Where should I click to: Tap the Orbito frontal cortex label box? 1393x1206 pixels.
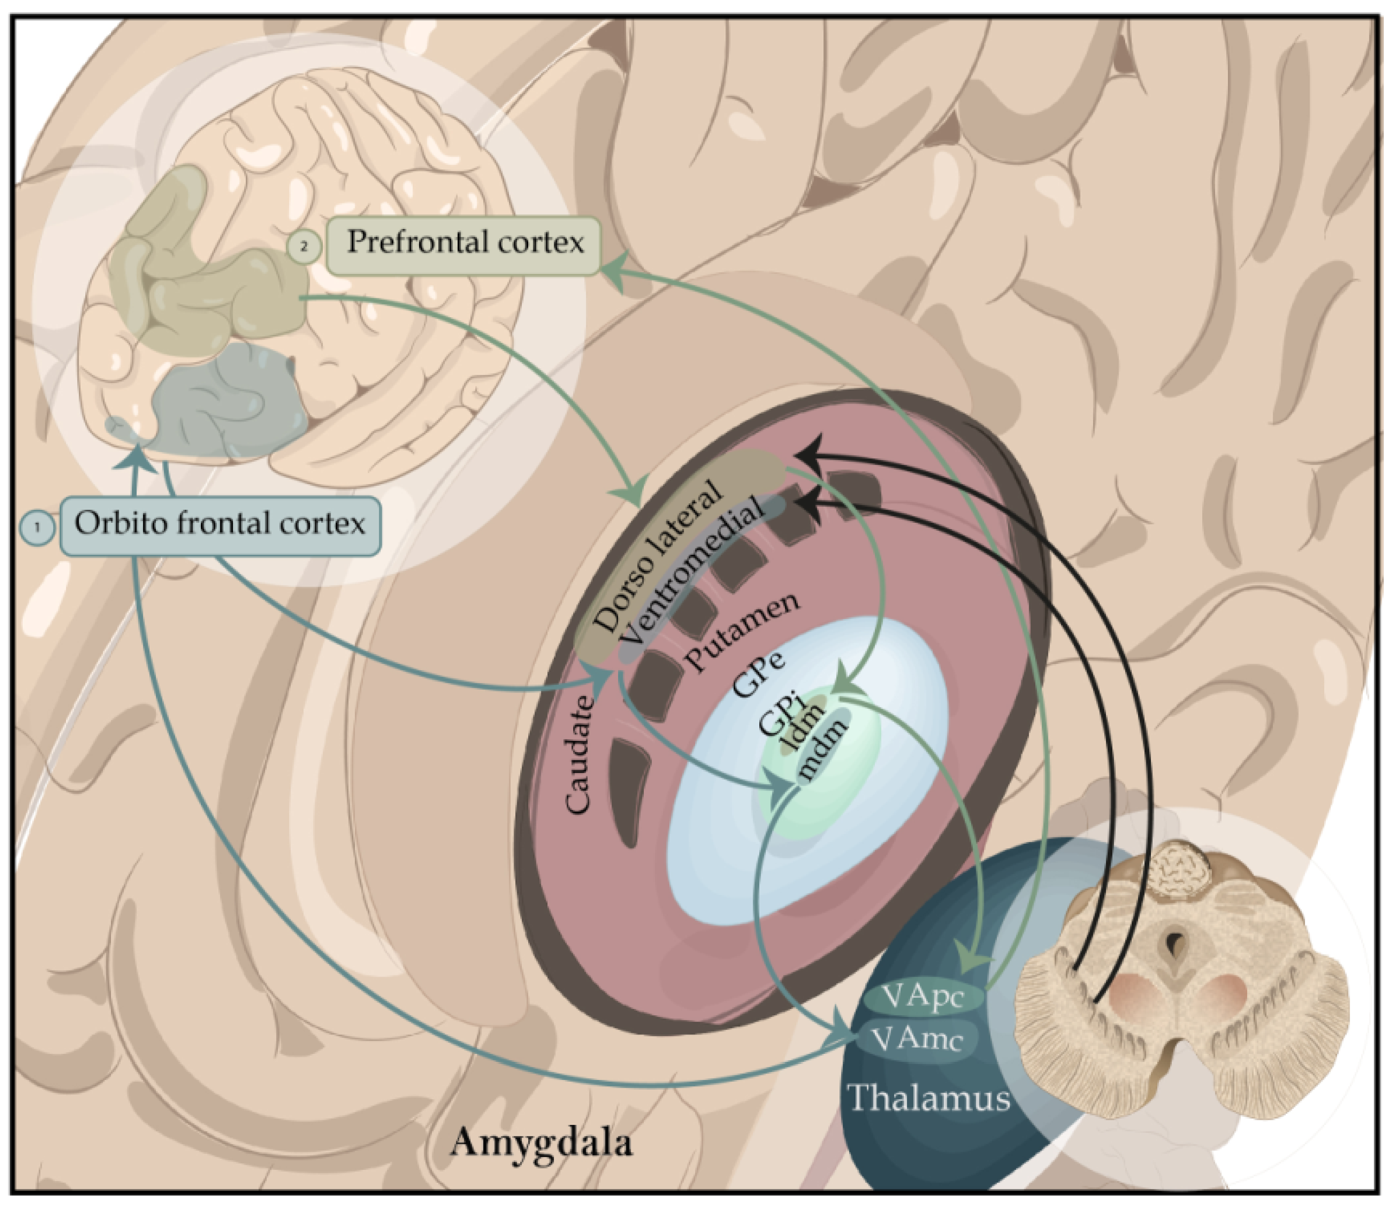click(220, 526)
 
